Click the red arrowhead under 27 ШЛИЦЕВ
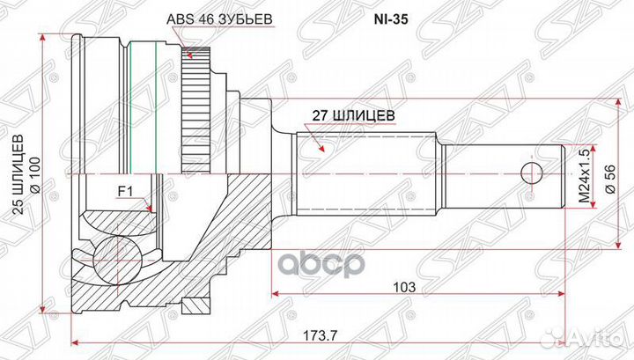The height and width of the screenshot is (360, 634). [x=323, y=147]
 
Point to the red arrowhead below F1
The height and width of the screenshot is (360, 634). [x=153, y=209]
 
